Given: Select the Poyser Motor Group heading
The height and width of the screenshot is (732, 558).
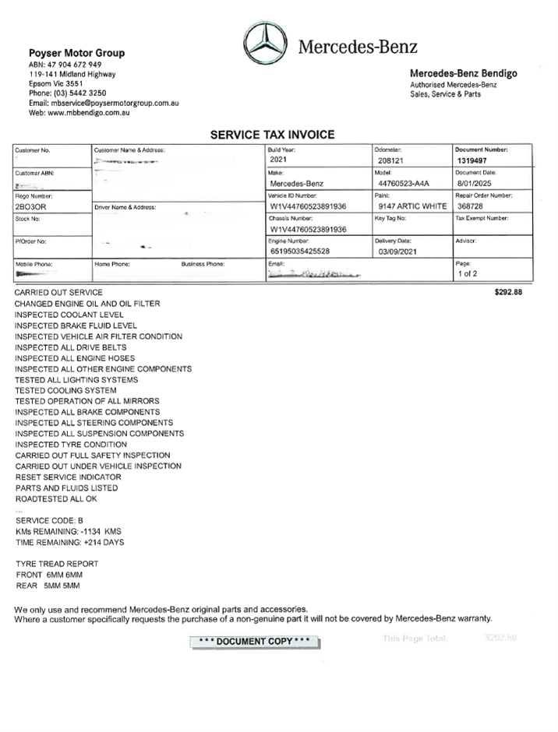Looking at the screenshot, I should (76, 53).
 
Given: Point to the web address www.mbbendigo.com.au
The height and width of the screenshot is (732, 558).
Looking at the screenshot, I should (79, 113).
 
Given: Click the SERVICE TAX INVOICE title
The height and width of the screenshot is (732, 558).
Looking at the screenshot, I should (272, 135).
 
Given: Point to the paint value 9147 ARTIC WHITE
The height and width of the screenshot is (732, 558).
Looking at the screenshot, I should (411, 206).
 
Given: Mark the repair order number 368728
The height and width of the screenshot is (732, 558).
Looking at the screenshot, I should (471, 206).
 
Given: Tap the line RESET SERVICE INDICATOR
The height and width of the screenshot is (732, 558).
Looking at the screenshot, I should (68, 477).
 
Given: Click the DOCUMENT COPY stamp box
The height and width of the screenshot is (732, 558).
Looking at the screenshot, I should (254, 641).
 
